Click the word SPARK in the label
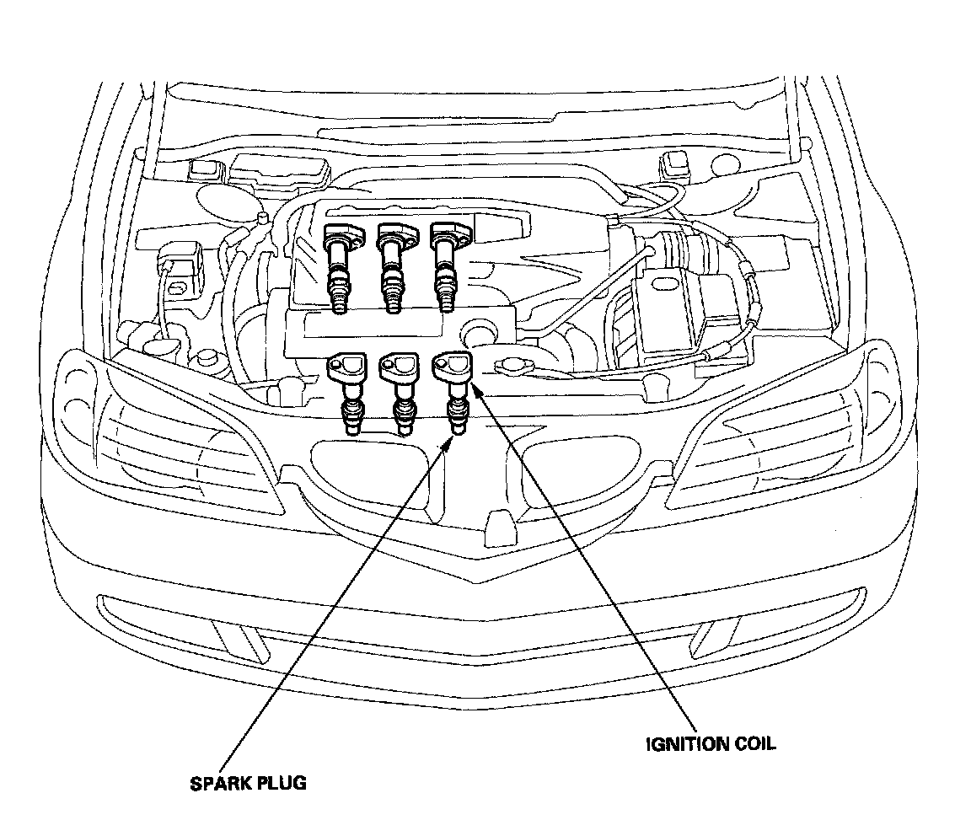217,784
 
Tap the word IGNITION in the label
687,744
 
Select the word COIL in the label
755,744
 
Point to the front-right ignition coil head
452,367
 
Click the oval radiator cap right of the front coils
512,367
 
